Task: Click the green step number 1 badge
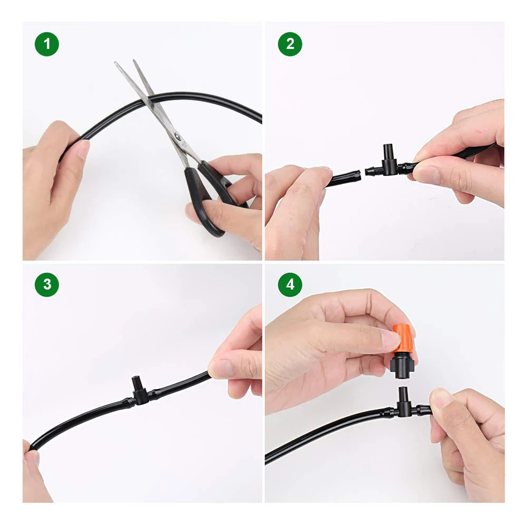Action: click(47, 44)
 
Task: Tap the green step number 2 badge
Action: click(290, 44)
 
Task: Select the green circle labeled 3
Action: click(47, 285)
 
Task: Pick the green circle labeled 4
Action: click(290, 285)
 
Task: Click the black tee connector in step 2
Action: click(389, 167)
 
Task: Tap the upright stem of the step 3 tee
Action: click(138, 383)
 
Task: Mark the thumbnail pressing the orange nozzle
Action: click(389, 340)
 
